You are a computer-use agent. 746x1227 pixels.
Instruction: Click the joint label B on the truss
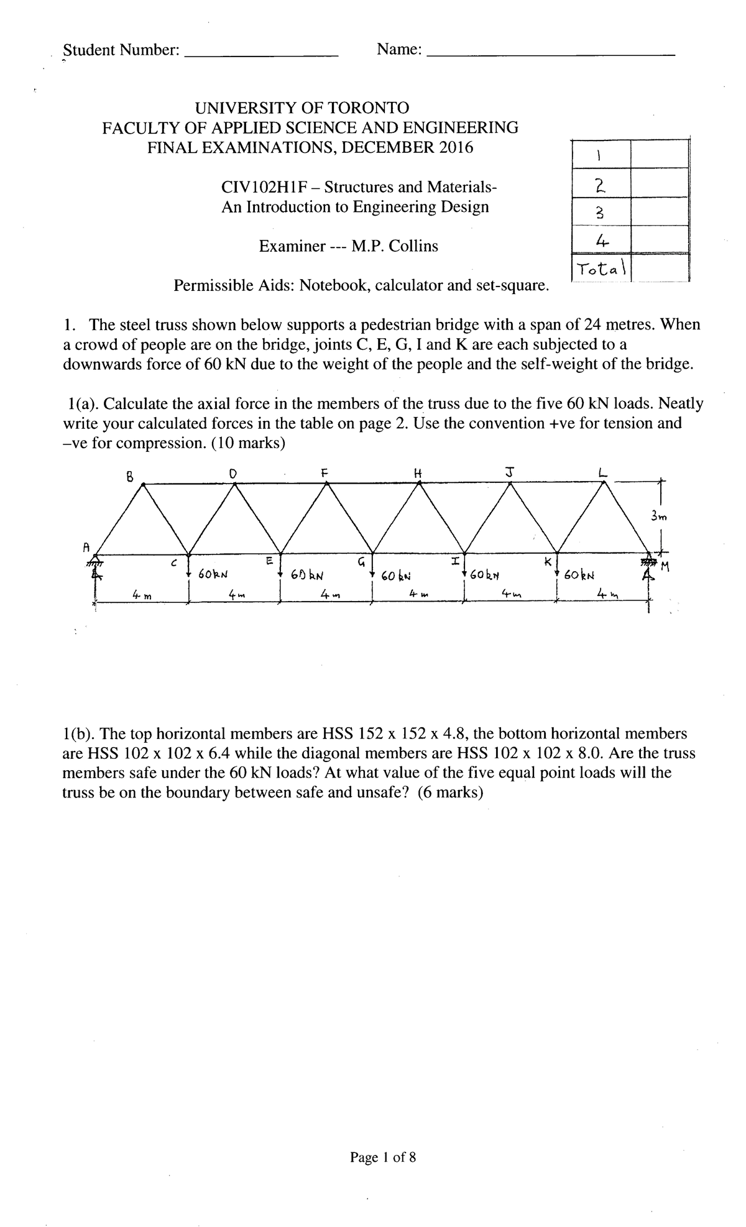point(129,477)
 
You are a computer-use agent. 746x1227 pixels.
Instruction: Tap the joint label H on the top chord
point(418,472)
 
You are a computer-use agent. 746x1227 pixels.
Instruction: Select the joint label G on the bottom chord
point(361,563)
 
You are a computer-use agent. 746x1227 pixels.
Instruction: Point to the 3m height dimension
point(658,516)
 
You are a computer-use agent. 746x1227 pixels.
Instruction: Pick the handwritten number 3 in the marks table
point(600,213)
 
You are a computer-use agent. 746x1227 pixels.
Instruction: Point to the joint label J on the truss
point(509,472)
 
